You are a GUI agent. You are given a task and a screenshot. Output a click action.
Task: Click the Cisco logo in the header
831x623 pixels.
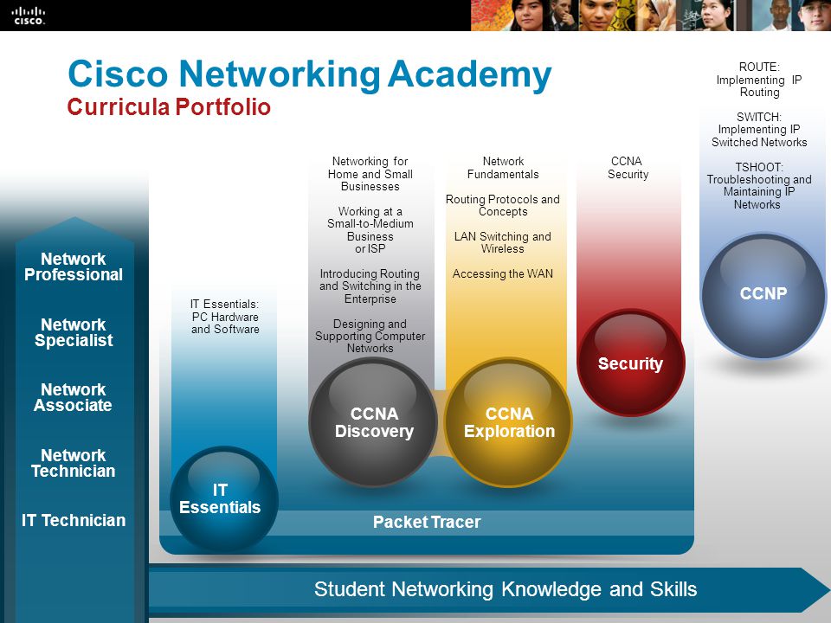coord(28,14)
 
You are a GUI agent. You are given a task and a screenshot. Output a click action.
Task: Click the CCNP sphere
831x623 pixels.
coord(763,294)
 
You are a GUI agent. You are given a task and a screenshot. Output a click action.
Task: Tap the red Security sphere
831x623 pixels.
coord(630,363)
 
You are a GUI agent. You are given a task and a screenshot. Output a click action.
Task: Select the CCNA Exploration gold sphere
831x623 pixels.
coord(509,421)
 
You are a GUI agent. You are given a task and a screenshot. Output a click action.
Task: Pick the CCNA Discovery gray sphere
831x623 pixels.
coord(374,421)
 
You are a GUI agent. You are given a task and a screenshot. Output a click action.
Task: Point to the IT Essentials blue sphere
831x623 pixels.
coord(220,499)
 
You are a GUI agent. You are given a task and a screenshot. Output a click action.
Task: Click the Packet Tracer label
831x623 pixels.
coord(426,522)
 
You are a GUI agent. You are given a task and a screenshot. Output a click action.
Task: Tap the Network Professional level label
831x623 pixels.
coord(74,267)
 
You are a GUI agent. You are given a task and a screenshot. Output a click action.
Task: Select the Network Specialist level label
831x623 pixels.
coord(74,332)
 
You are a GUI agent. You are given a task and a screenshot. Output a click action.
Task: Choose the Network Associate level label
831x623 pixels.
coord(74,397)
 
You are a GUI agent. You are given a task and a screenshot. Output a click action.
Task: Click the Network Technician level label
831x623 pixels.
coord(74,463)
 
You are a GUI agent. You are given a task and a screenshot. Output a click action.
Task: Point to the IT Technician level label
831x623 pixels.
coord(74,520)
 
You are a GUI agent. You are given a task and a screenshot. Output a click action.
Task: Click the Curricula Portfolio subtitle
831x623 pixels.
coord(169,107)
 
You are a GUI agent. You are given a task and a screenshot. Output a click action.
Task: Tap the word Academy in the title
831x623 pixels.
coord(469,75)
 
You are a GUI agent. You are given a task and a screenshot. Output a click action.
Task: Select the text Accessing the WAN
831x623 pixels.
coord(503,274)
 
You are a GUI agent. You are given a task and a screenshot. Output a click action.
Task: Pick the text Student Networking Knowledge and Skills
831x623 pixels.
coord(505,589)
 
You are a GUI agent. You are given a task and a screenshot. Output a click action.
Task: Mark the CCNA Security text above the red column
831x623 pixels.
coord(628,168)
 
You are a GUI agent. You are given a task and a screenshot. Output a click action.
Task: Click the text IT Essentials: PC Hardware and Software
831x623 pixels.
coord(225,317)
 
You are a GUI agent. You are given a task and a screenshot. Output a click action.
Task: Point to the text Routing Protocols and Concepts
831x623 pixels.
coord(503,205)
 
